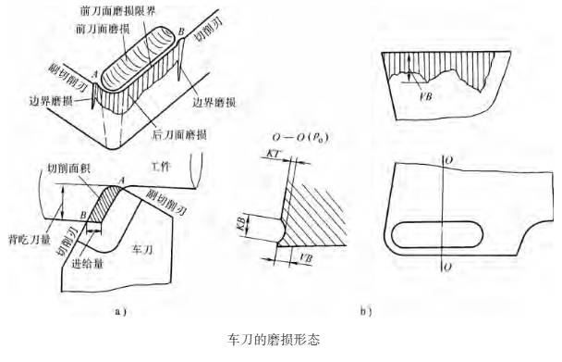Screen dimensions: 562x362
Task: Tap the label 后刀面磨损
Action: coord(178,134)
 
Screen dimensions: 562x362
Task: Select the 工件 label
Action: coord(161,167)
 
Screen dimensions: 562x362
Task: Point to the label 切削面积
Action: coord(68,169)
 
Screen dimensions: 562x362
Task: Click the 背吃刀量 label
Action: coord(29,239)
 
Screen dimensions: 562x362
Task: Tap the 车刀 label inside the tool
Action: coord(142,249)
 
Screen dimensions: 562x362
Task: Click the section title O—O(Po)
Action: coord(300,138)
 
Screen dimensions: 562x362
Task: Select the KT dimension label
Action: coord(274,154)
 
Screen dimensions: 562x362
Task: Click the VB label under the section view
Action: coord(305,258)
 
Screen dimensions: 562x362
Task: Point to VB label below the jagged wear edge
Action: coord(424,96)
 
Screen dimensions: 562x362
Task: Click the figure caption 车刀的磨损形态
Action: coord(274,339)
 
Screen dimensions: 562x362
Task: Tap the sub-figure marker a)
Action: coord(120,311)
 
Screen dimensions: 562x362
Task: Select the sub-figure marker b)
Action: coord(366,311)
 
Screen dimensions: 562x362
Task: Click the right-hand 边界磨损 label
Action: coord(214,103)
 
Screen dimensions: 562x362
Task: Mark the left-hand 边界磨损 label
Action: coord(51,101)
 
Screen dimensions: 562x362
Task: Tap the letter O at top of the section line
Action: coord(448,160)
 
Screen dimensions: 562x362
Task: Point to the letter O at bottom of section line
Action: coord(447,268)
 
